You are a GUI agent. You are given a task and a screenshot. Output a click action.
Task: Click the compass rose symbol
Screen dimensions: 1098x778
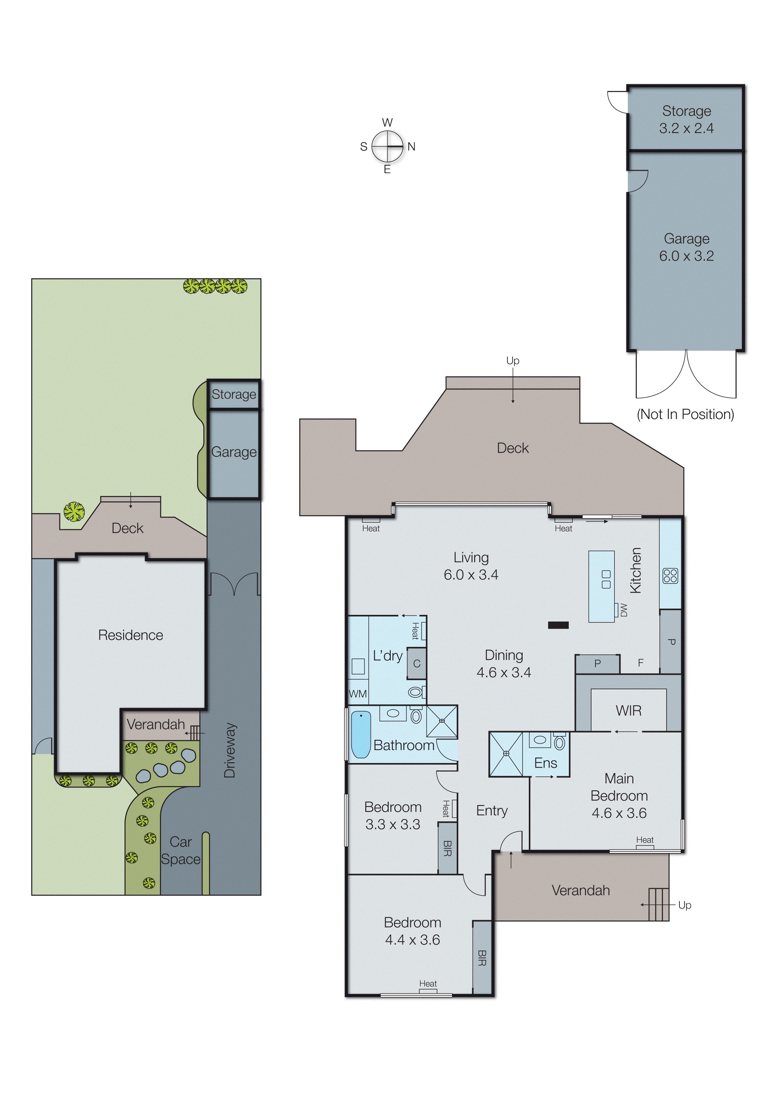(387, 146)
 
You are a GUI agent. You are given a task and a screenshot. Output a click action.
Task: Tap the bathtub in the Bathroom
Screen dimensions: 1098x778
(361, 734)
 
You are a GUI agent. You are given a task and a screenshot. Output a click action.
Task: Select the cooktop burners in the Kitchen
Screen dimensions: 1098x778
(670, 576)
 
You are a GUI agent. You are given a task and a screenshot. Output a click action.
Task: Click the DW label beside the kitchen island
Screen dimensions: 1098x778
(623, 610)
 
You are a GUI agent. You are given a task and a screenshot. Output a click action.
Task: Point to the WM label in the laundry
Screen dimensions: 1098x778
(357, 694)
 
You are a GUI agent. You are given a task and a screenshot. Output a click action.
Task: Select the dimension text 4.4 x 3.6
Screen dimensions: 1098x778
(412, 940)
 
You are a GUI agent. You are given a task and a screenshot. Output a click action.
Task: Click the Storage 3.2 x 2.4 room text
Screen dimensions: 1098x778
(686, 119)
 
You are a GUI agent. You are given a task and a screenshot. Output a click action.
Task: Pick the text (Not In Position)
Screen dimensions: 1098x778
(685, 414)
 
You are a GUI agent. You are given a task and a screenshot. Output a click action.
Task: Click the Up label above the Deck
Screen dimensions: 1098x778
(512, 360)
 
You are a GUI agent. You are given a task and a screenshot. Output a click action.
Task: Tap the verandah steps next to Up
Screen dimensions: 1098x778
(658, 904)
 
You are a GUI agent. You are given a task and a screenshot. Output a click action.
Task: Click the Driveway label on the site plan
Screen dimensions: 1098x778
(230, 750)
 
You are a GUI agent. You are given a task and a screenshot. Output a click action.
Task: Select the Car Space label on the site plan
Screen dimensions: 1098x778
(180, 850)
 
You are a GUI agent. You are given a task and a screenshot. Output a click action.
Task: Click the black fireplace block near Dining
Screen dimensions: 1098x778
(558, 625)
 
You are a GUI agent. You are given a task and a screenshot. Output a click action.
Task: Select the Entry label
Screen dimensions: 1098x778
(491, 810)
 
